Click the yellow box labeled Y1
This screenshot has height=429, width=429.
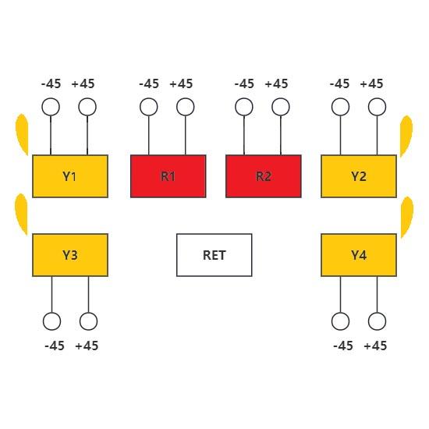pyautogui.click(x=70, y=176)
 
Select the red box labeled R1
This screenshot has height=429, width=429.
pyautogui.click(x=168, y=176)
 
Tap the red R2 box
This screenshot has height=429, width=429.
pyautogui.click(x=264, y=176)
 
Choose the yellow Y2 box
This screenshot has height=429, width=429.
pyautogui.click(x=359, y=176)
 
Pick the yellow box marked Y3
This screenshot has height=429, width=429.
pyautogui.click(x=70, y=255)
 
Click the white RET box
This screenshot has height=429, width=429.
pyautogui.click(x=214, y=255)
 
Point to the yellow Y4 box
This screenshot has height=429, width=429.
pyautogui.click(x=359, y=255)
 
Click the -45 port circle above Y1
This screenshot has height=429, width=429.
pyautogui.click(x=51, y=107)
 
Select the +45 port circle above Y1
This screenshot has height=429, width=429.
pyautogui.click(x=87, y=107)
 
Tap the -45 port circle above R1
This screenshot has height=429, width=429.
pyautogui.click(x=148, y=107)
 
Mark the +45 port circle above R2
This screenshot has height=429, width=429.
pyautogui.click(x=281, y=107)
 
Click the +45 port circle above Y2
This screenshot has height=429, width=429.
pyautogui.click(x=377, y=107)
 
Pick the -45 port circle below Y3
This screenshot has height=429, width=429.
pyautogui.click(x=52, y=321)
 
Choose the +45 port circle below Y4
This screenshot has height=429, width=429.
pyautogui.click(x=377, y=321)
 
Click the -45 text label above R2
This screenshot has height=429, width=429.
pyautogui.click(x=244, y=83)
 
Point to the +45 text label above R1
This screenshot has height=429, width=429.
pyautogui.click(x=181, y=83)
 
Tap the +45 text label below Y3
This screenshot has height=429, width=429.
pyautogui.click(x=87, y=346)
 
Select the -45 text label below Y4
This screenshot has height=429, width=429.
pyautogui.click(x=343, y=346)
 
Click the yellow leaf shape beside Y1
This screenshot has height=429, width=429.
pyautogui.click(x=23, y=134)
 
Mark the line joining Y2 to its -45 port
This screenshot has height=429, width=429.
pyautogui.click(x=340, y=135)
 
